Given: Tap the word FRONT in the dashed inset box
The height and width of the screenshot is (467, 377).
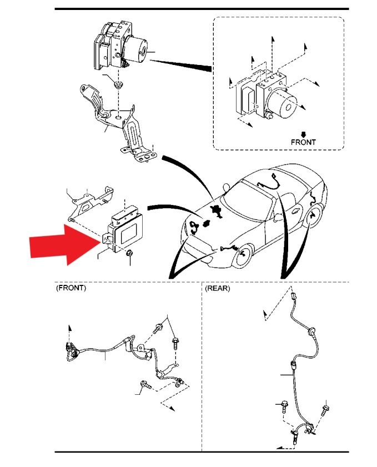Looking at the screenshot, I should (303, 142).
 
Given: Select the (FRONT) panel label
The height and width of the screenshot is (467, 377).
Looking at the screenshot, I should (71, 288).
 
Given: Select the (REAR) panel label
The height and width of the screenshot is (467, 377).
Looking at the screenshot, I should (218, 288).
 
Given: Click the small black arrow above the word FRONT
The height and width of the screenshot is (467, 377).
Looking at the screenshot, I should (303, 134).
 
